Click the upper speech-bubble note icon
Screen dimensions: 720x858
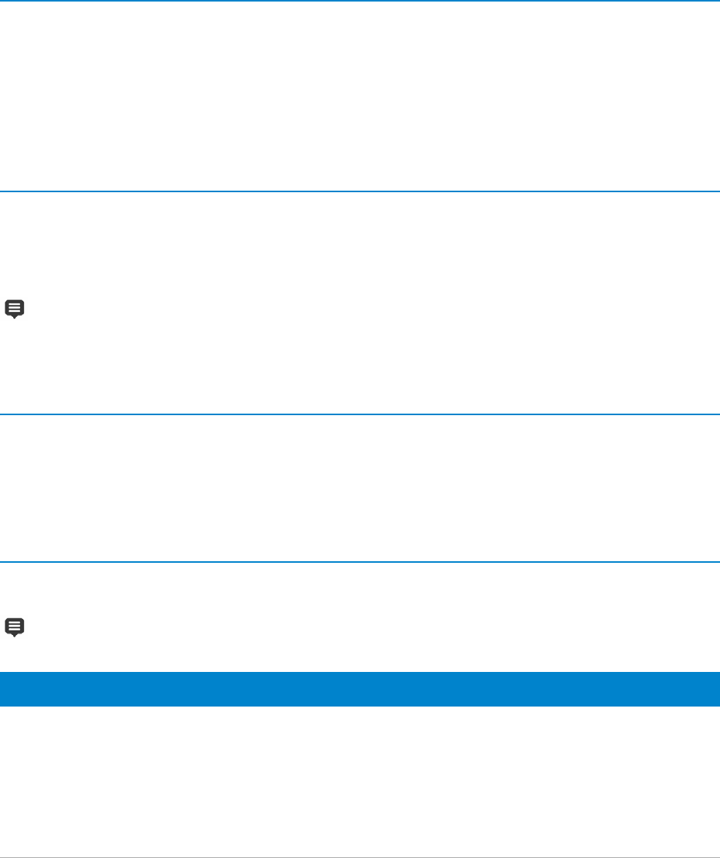pyautogui.click(x=15, y=309)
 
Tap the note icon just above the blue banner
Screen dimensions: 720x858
pyautogui.click(x=15, y=627)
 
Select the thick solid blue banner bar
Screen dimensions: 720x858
pyautogui.click(x=360, y=689)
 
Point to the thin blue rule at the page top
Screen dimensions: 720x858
pyautogui.click(x=360, y=1)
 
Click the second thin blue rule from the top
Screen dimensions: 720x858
pyautogui.click(x=360, y=191)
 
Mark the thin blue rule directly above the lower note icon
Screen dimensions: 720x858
pyautogui.click(x=360, y=562)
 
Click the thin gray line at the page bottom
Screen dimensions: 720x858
pyautogui.click(x=360, y=856)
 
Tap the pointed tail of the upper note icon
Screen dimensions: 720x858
pyautogui.click(x=15, y=318)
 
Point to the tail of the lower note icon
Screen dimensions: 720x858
pyautogui.click(x=15, y=635)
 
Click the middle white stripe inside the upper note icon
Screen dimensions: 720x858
pyautogui.click(x=15, y=308)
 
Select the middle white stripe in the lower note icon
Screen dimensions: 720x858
pyautogui.click(x=15, y=626)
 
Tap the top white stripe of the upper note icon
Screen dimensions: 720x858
pyautogui.click(x=15, y=304)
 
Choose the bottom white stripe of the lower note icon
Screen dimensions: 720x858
pyautogui.click(x=15, y=630)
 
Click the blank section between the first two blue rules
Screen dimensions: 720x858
pyautogui.click(x=360, y=96)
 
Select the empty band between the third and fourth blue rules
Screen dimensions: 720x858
pyautogui.click(x=360, y=489)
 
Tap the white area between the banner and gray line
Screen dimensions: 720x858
pyautogui.click(x=360, y=780)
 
